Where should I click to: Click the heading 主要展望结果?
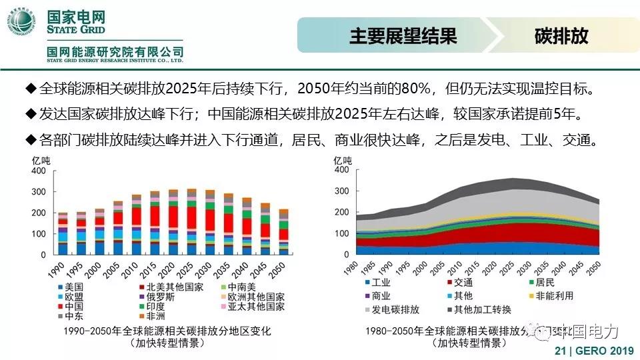[403, 36]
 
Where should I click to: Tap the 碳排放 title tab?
[561, 36]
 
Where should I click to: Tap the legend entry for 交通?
[461, 282]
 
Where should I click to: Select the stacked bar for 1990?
[63, 233]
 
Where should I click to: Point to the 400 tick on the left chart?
[39, 171]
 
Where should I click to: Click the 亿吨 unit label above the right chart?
[342, 160]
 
